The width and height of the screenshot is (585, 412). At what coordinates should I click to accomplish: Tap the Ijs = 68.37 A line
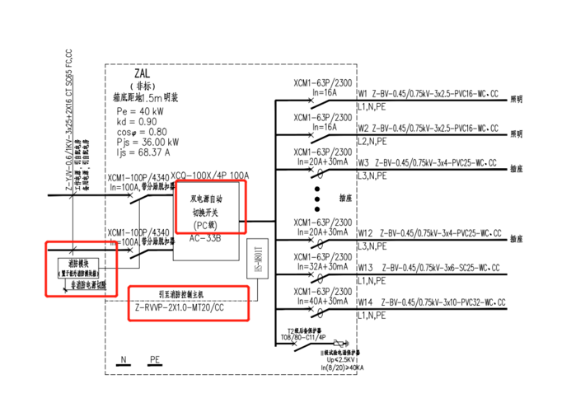click(145, 152)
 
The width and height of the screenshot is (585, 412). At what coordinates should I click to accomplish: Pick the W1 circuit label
click(363, 95)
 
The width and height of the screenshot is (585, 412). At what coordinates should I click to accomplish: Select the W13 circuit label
click(365, 268)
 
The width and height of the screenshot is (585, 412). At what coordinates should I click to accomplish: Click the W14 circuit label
click(365, 302)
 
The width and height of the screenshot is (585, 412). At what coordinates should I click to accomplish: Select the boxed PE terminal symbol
click(155, 360)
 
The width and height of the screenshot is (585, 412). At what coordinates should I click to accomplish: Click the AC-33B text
click(197, 239)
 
